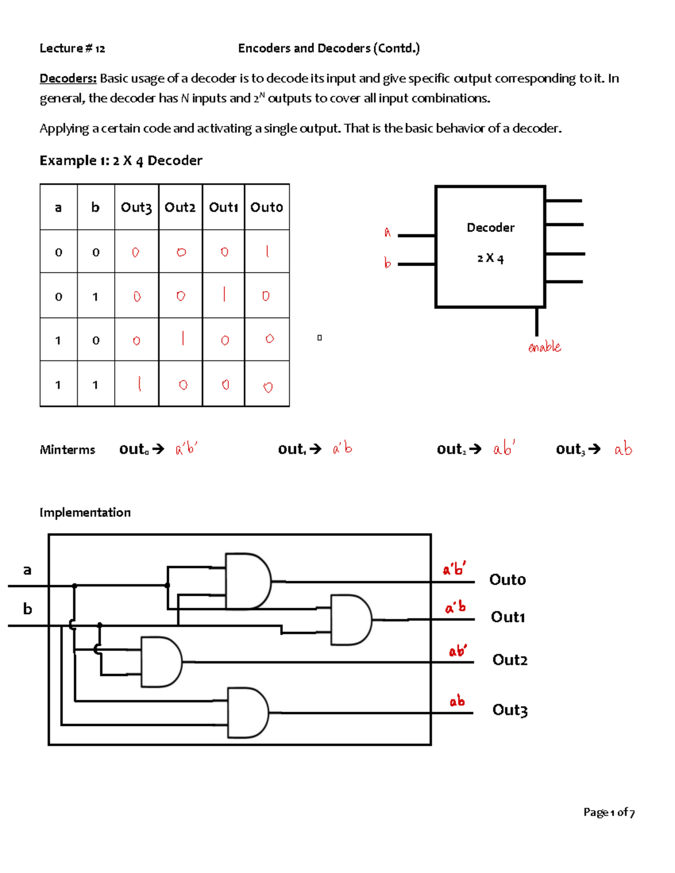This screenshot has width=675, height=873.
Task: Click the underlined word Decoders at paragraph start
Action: pyautogui.click(x=68, y=78)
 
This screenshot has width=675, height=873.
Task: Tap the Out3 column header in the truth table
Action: pyautogui.click(x=136, y=207)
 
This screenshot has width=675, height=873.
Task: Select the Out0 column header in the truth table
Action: pyautogui.click(x=267, y=207)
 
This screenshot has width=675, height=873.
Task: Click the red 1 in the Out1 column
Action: pyautogui.click(x=224, y=294)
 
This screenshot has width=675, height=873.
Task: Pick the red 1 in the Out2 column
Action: pyautogui.click(x=183, y=338)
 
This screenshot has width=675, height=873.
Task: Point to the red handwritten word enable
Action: pyautogui.click(x=544, y=346)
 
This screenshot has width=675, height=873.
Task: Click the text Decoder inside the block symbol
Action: pyautogui.click(x=490, y=228)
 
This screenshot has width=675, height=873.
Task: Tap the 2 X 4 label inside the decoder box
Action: pyautogui.click(x=490, y=259)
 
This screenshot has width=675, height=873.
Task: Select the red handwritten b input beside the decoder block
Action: pyautogui.click(x=388, y=263)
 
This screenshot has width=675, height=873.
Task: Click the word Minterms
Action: pyautogui.click(x=67, y=450)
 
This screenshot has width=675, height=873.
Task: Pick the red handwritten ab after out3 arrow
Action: pyautogui.click(x=623, y=449)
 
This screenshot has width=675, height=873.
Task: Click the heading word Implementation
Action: pyautogui.click(x=85, y=513)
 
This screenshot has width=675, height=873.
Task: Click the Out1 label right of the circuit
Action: pyautogui.click(x=508, y=617)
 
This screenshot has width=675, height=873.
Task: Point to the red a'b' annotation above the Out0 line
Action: pyautogui.click(x=454, y=569)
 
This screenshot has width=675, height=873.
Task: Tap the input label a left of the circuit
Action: pyautogui.click(x=27, y=570)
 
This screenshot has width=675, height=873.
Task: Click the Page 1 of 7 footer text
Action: pyautogui.click(x=609, y=812)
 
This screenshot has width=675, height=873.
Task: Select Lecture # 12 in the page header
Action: pyautogui.click(x=73, y=48)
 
